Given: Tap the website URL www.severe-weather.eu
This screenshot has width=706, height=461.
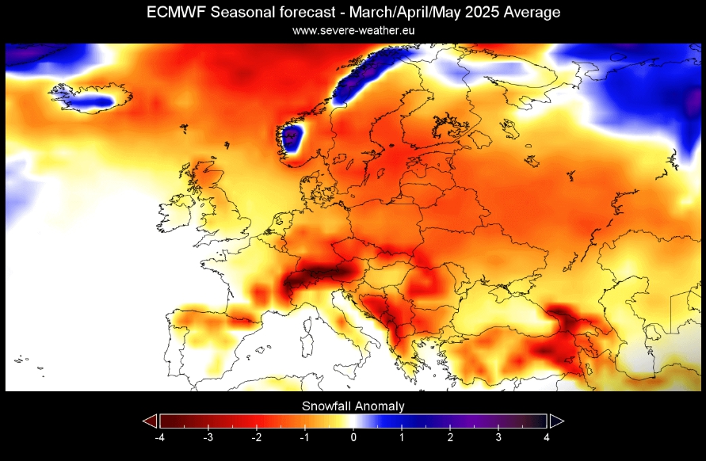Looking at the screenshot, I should (353, 30).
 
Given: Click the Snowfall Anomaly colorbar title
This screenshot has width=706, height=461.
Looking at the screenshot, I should (353, 406).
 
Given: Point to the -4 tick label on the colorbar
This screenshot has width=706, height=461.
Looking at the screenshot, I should (159, 437).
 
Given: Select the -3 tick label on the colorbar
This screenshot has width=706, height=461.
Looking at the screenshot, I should (208, 437).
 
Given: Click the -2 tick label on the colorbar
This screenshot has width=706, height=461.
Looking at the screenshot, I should (256, 437).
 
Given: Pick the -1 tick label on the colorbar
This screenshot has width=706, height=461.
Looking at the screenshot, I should (304, 437).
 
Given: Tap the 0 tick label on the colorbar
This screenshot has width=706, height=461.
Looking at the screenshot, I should (353, 437).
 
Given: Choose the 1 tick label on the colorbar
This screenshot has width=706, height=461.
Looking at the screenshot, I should (402, 437).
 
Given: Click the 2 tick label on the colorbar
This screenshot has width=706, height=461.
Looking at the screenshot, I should (450, 437).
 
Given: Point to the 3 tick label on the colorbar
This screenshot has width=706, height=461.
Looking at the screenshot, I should (498, 437).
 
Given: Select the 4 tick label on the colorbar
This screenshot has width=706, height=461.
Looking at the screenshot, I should (547, 437).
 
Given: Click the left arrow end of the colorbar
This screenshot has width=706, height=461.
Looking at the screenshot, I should (150, 421).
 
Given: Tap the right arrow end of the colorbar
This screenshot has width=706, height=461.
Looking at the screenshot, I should (557, 421).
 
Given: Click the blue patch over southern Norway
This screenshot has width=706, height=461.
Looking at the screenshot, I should (295, 139).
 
